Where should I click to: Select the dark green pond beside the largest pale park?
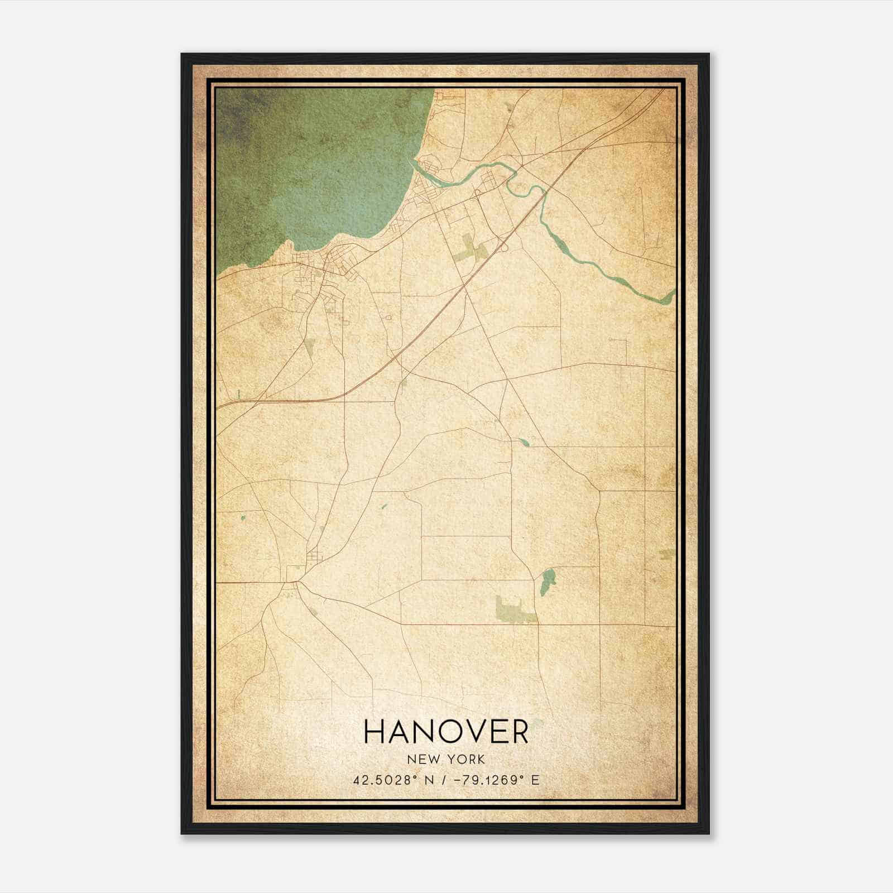548,580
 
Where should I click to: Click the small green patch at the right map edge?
668,554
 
